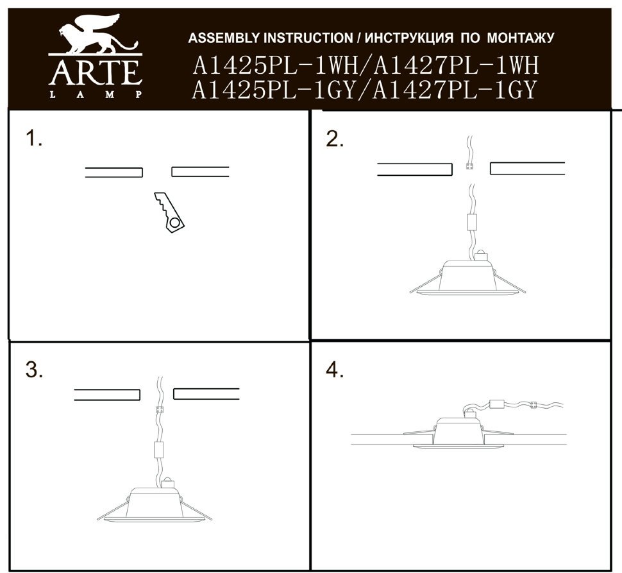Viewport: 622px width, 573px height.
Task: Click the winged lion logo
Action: tap(97, 34)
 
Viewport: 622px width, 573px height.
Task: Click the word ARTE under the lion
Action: tap(95, 73)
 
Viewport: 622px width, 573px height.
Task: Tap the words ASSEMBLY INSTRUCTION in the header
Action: tap(271, 38)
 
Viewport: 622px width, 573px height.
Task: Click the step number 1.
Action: tap(34, 139)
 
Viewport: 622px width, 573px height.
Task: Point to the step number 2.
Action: tap(334, 139)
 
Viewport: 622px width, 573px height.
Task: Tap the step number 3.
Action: tap(34, 370)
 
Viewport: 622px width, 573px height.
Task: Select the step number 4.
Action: tap(335, 370)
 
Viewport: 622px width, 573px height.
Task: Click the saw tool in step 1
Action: tap(169, 212)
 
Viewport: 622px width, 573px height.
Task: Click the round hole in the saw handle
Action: tap(174, 223)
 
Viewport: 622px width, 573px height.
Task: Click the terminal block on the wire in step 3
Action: tap(160, 409)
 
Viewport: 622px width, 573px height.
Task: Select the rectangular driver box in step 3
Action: tap(158, 450)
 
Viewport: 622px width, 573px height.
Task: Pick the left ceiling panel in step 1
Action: tap(114, 172)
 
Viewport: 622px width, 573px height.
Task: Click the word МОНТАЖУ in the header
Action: tap(520, 38)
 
